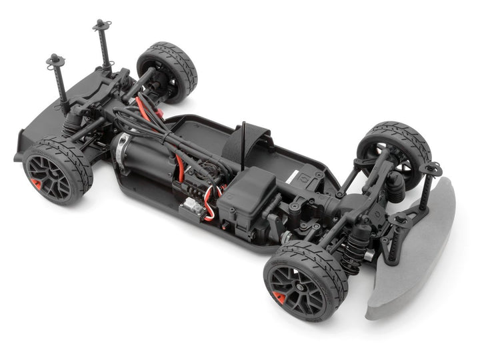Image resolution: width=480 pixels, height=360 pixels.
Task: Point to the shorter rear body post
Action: [x=57, y=80]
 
